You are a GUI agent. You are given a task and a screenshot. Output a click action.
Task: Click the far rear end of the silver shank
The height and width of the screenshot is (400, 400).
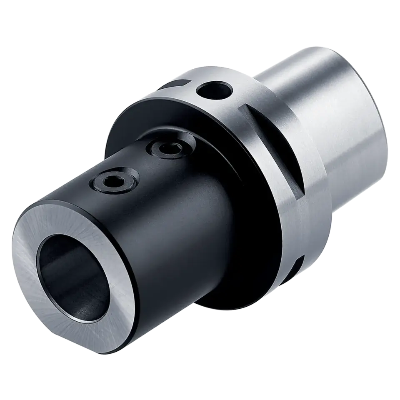pos(375,96)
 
